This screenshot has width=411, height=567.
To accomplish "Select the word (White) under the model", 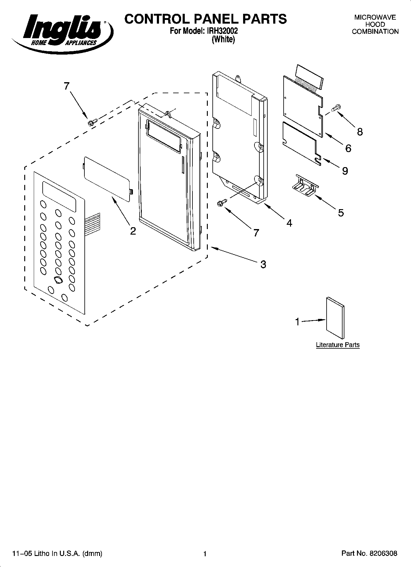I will point(223,40).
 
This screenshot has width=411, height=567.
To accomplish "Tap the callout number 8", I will point(359,132).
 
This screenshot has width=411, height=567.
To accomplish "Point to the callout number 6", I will point(348,148).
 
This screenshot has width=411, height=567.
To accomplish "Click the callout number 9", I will point(345,171).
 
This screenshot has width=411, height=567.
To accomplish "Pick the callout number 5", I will point(341,213).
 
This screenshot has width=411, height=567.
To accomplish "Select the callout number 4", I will point(289,223).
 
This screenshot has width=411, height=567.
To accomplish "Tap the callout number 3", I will point(263,264).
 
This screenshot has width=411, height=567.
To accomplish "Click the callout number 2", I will point(133,231).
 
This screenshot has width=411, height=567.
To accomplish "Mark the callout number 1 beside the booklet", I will point(297,322).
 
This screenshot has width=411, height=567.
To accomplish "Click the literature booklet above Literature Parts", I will point(335,318).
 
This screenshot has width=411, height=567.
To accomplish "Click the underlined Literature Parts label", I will point(338,345).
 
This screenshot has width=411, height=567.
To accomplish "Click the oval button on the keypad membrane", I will point(57,280).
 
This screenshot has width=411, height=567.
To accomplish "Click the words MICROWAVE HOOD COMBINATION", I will point(375,25).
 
